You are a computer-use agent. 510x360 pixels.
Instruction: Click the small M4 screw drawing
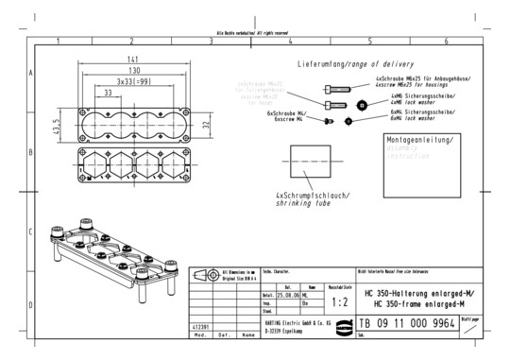pos(330,121)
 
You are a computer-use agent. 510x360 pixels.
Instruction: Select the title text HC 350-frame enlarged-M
pos(417,302)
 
